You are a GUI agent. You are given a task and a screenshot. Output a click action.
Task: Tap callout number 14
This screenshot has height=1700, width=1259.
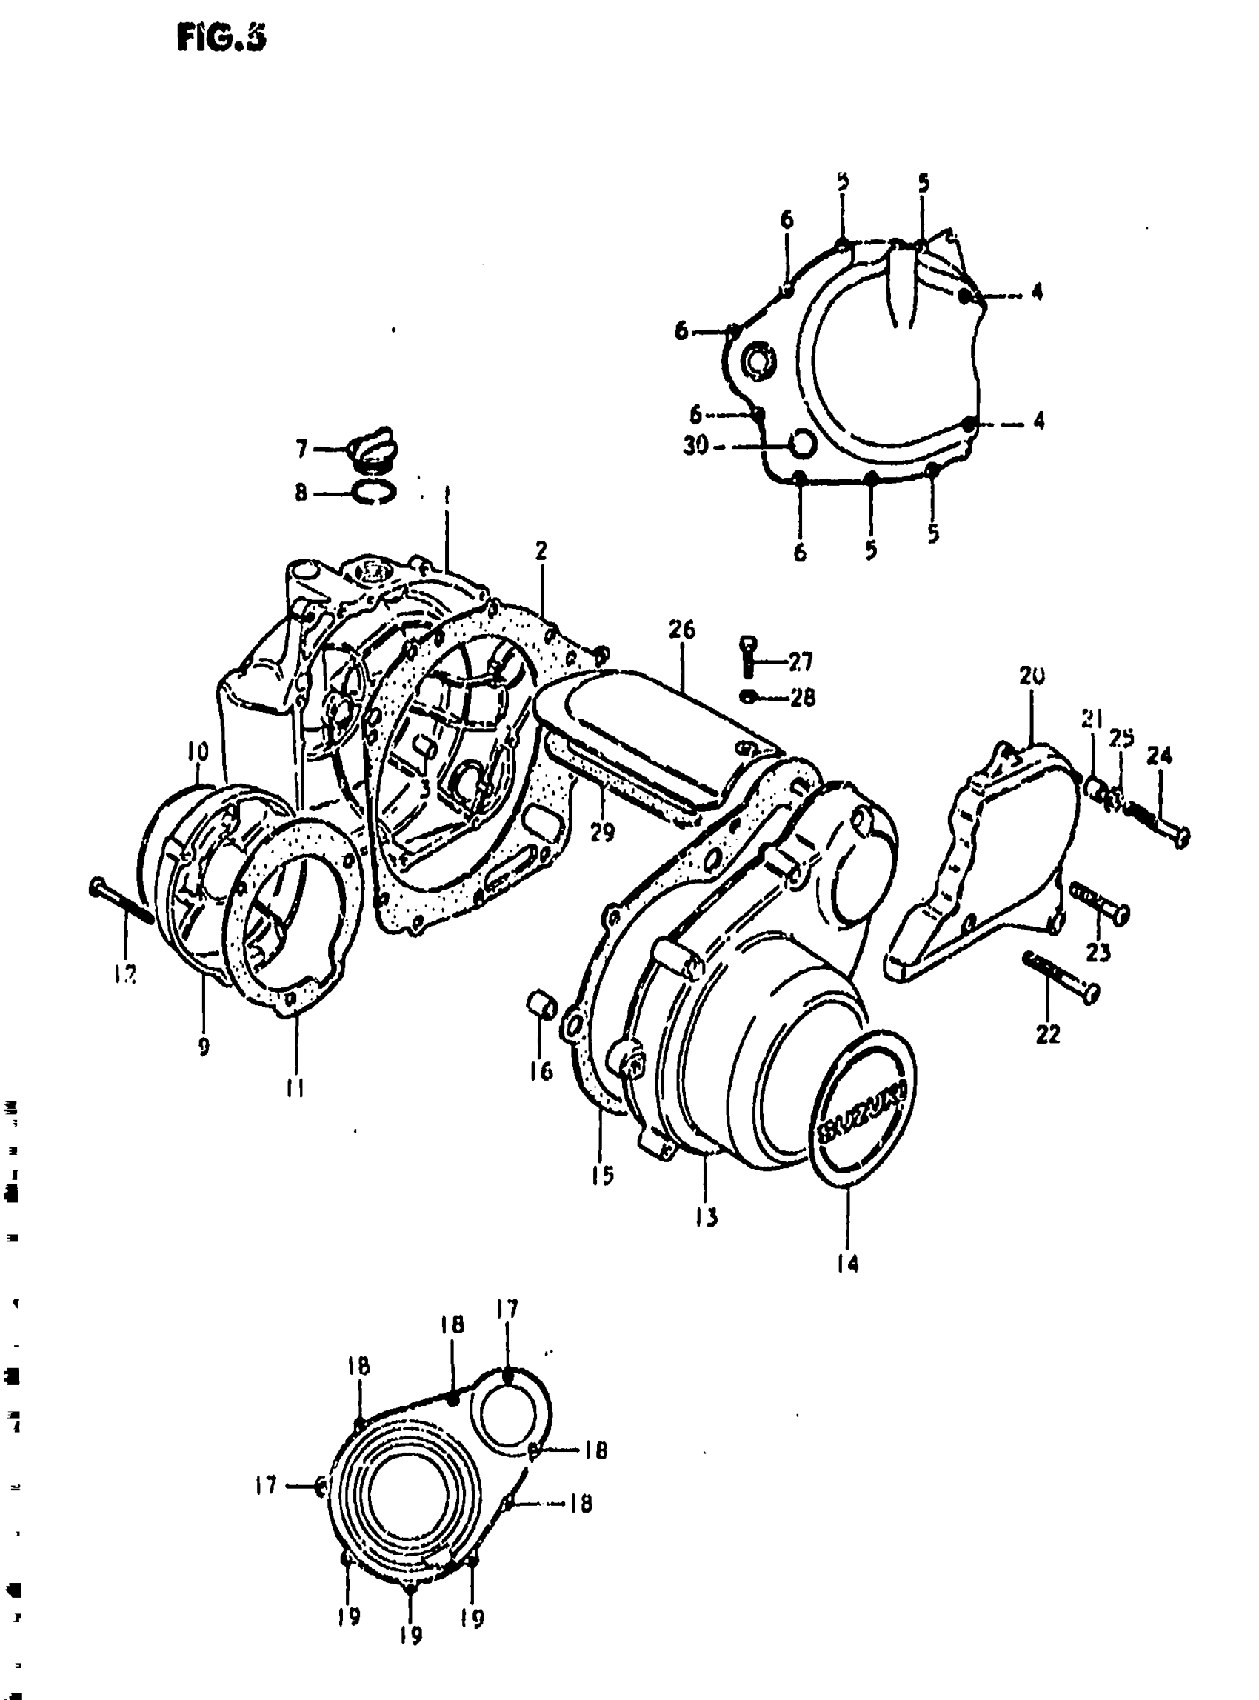coord(846,1264)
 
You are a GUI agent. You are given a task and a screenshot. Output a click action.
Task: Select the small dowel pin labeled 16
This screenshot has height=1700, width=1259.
coord(539,1004)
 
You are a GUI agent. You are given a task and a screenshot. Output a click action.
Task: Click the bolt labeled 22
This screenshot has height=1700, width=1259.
coord(1059,975)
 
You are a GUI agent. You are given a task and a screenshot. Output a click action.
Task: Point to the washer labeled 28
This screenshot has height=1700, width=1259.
coord(749,696)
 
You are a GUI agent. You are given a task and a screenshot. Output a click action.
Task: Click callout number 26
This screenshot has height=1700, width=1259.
coord(681,630)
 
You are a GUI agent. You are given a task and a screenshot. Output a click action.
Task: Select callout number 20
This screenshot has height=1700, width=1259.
coord(1031,675)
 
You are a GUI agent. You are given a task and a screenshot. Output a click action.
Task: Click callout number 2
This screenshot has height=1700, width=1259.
coord(541,550)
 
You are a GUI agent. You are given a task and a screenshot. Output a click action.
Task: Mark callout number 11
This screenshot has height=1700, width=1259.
coord(295,1089)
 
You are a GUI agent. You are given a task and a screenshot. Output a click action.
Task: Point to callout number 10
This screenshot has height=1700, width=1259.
coord(196,752)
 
